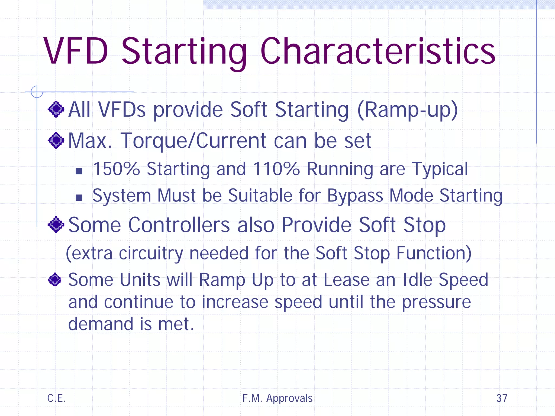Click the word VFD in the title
pos(76,51)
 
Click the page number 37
pos(502,398)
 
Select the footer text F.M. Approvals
pos(277,398)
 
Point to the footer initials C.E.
pos(56,398)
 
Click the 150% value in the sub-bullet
pos(116,169)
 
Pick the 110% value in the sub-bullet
pos(276,169)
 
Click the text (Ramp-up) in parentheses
pos(407,110)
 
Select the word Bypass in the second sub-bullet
pos(355,196)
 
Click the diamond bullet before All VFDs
pos(56,109)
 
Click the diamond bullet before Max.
pos(56,140)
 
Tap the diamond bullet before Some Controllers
pos(56,225)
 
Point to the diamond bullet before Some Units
pos(55,279)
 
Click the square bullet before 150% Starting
pos(79,171)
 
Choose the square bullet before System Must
pos(79,198)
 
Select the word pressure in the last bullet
pos(436,302)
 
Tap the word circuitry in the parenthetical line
pos(151,253)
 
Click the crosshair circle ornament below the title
pos(37,92)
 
